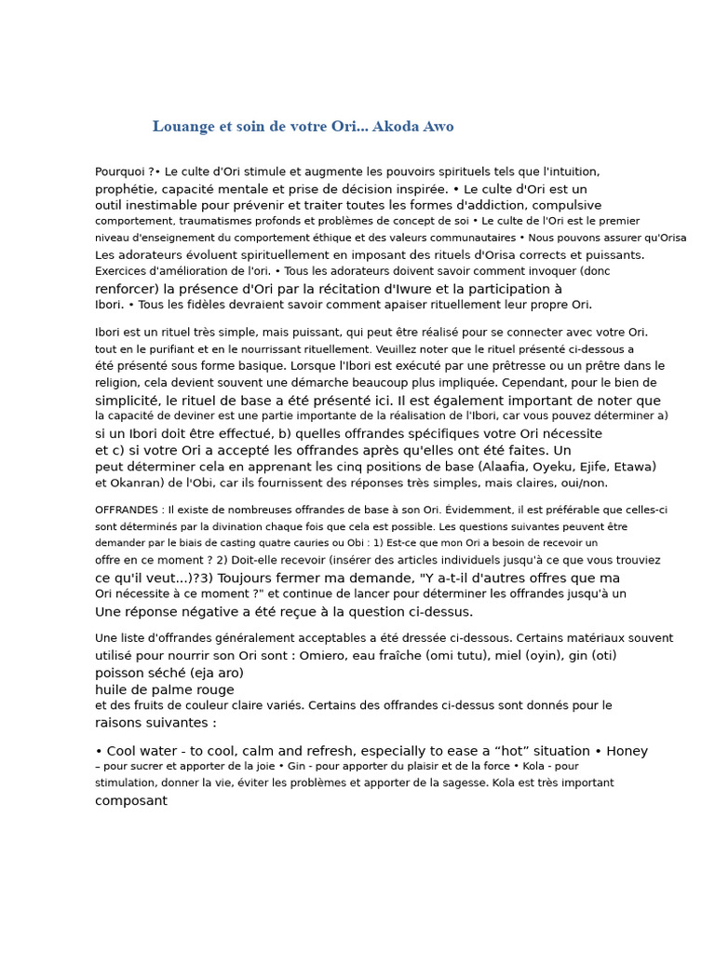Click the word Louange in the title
click(x=183, y=127)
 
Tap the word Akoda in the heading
click(x=395, y=127)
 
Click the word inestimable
click(x=159, y=205)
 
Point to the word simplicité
click(x=132, y=401)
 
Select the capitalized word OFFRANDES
click(x=128, y=511)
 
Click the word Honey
click(x=626, y=752)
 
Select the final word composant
click(x=131, y=801)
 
